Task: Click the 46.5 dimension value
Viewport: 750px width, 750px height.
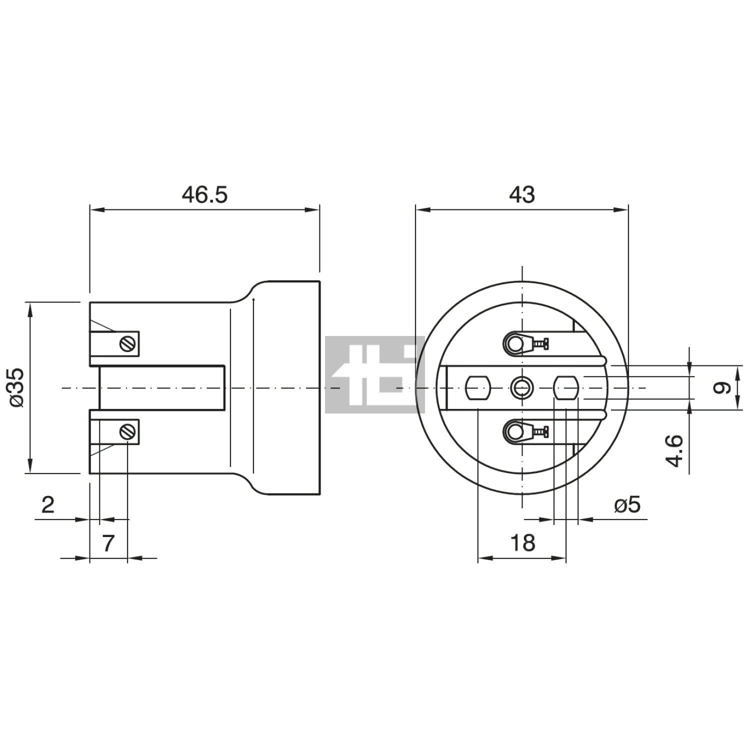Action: [204, 194]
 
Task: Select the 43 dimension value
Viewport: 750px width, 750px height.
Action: [521, 194]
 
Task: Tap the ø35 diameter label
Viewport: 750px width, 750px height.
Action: [16, 387]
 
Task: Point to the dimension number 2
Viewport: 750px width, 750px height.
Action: [48, 505]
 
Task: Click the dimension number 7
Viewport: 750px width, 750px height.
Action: [108, 543]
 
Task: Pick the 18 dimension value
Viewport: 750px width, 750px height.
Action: [522, 542]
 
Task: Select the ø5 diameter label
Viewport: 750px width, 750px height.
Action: [627, 505]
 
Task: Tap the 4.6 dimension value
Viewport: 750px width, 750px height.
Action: [675, 450]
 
